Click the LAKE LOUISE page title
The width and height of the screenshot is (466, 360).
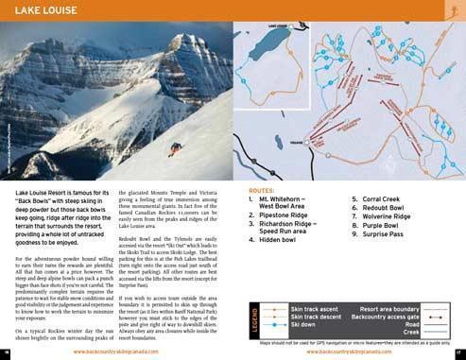45,12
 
